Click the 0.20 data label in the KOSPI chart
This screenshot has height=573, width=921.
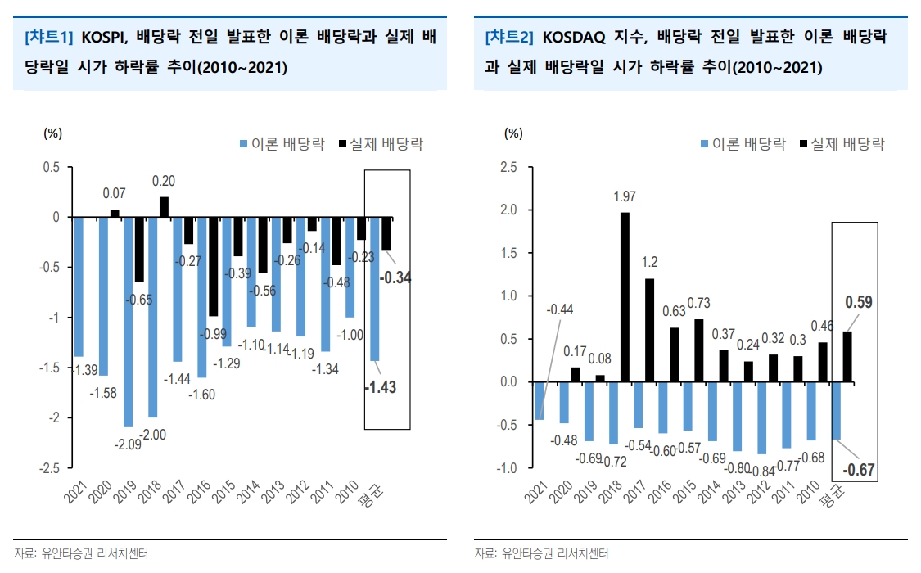(x=163, y=181)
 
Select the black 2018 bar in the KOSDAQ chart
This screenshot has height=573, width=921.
(x=625, y=297)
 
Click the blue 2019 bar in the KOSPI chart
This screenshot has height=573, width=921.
(x=128, y=322)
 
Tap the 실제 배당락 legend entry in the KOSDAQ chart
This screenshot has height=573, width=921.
(x=842, y=144)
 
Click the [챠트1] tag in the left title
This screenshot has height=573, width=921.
(x=50, y=37)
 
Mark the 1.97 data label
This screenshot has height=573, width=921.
(x=625, y=196)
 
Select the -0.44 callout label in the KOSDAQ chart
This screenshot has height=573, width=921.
(x=559, y=309)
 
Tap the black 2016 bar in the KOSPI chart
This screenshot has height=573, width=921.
(x=213, y=267)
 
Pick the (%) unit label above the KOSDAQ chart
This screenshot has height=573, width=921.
(x=512, y=133)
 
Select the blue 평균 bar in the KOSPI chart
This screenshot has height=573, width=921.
(x=375, y=289)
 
